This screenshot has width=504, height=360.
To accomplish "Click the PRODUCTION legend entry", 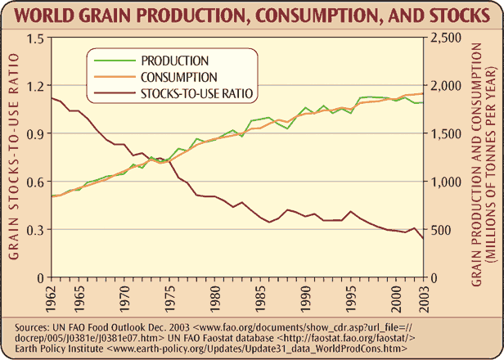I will pyautogui.click(x=175, y=61).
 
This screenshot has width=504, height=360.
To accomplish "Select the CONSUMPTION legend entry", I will pyautogui.click(x=179, y=77).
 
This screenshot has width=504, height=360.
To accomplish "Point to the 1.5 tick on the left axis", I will pyautogui.click(x=34, y=38).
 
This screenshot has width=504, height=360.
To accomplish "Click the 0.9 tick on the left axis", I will pyautogui.click(x=34, y=133).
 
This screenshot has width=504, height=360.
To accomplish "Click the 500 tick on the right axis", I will pyautogui.click(x=441, y=230).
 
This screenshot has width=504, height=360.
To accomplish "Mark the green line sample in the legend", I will pyautogui.click(x=113, y=61).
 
